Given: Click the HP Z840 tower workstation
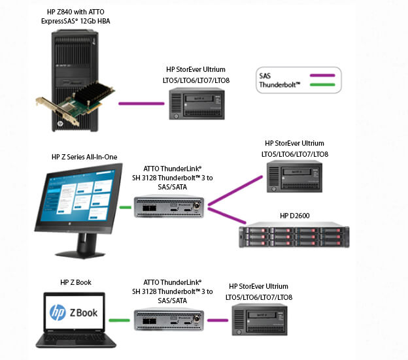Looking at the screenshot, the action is (75, 80).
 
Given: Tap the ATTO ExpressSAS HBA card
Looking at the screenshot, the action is (75, 104).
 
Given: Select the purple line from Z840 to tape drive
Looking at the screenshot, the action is (141, 103).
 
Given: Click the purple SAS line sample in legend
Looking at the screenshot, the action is (322, 75).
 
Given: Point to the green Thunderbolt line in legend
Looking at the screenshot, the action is (322, 85).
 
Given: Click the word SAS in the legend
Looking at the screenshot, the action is (265, 76).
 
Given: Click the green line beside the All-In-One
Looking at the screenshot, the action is (125, 207).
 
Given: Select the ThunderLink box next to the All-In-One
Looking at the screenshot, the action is (169, 207).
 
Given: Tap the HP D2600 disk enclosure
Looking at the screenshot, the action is (294, 235).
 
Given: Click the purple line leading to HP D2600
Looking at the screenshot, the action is (227, 215).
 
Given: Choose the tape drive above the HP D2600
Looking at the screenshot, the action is (294, 176).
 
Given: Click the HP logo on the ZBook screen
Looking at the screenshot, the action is (58, 312).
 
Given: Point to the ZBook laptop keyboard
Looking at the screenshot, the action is (76, 336).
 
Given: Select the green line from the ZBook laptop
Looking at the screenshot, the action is (119, 320).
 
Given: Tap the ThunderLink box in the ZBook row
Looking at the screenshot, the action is (169, 319).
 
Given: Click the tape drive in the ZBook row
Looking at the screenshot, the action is (260, 319).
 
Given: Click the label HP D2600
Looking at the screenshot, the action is (294, 216).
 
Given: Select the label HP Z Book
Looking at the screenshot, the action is (76, 282).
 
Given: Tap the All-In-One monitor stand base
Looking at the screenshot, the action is (80, 254).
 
